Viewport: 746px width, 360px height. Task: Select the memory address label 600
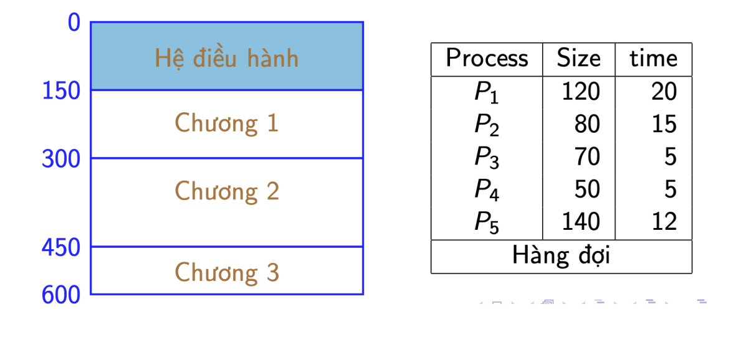[x=61, y=296]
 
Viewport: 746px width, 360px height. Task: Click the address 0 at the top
[x=74, y=22]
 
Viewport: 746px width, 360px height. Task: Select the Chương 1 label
[x=226, y=123]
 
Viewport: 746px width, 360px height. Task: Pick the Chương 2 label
[x=226, y=191]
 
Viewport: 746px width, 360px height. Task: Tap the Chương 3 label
[x=226, y=273]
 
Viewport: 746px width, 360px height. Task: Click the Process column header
[x=487, y=59]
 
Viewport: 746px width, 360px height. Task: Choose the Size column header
[x=579, y=59]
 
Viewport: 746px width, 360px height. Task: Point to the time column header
[x=654, y=59]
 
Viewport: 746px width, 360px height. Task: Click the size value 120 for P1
[x=581, y=92]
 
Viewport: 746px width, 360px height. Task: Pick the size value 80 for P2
[x=588, y=124]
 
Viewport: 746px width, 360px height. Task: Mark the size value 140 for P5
[x=581, y=222]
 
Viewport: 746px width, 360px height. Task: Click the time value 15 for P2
[x=664, y=124]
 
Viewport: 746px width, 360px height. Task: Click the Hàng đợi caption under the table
[x=562, y=257]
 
